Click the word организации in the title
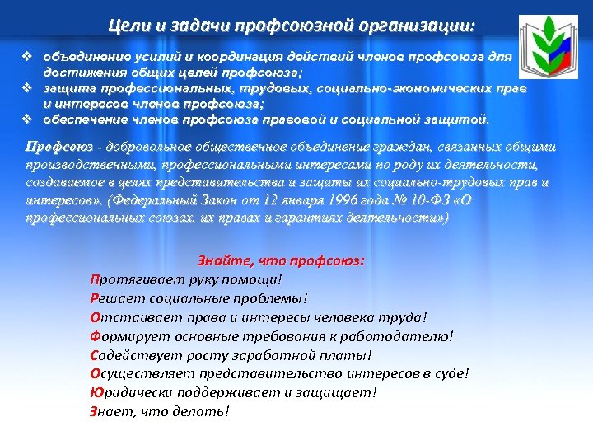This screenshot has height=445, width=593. click(x=423, y=25)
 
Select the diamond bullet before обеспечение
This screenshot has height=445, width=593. click(x=26, y=119)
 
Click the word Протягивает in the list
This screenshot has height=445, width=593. click(x=137, y=279)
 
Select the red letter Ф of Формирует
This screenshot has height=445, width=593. click(x=96, y=335)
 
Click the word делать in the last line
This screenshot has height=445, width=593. click(x=206, y=410)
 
